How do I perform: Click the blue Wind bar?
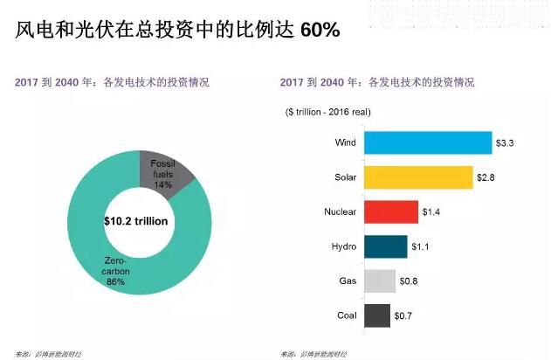[428, 142]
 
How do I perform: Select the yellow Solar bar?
[418, 177]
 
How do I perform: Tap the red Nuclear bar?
[390, 212]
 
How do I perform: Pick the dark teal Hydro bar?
[385, 246]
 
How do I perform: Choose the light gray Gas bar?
[380, 281]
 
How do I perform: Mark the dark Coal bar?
[377, 315]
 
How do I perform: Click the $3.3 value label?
[506, 142]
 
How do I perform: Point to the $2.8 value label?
[486, 177]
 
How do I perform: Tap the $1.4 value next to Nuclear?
[431, 212]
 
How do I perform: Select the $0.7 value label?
[403, 315]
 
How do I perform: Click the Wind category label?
[345, 142]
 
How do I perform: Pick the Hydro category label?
[343, 246]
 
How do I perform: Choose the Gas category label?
[347, 281]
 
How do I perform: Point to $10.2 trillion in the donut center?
[135, 221]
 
